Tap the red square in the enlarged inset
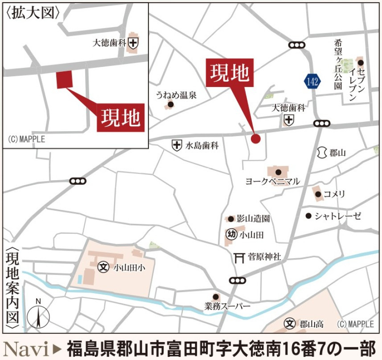[64, 79]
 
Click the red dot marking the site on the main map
[255, 138]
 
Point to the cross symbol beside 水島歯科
[177, 145]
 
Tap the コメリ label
[334, 194]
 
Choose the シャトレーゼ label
[337, 216]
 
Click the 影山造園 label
[253, 219]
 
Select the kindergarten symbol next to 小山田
[231, 234]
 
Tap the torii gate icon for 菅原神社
[240, 257]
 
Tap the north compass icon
[38, 315]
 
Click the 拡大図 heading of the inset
[33, 12]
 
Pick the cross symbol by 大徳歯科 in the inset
[133, 43]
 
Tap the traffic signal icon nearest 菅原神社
[238, 280]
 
